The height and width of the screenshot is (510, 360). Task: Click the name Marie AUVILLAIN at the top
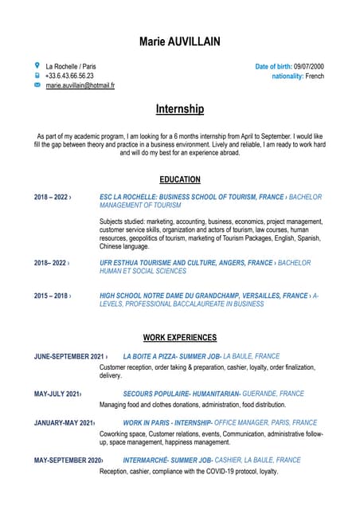180,41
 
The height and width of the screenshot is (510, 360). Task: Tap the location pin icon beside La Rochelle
37,65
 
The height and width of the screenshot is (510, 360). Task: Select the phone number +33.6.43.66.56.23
69,76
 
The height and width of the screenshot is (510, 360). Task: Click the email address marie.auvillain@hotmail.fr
80,85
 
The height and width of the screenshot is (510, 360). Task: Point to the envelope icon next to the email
37,84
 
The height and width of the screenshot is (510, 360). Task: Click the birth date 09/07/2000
309,66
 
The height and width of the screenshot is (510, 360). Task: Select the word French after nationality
315,76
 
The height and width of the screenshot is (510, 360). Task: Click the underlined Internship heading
180,108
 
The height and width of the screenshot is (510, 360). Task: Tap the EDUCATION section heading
180,180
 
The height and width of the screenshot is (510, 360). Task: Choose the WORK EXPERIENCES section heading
180,337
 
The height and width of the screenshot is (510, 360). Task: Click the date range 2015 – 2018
51,296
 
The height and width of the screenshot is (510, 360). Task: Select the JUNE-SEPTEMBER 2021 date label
69,356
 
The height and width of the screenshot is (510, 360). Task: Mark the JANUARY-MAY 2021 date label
64,422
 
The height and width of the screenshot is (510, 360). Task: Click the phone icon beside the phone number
37,75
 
